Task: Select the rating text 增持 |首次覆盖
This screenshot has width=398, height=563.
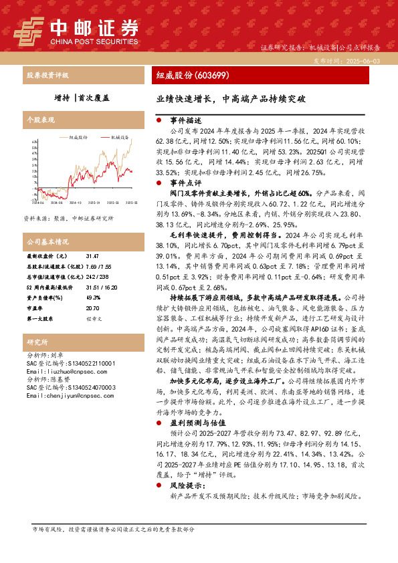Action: click(82, 98)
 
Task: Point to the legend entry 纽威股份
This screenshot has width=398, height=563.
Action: click(78, 136)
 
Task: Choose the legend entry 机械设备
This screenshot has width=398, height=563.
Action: click(120, 136)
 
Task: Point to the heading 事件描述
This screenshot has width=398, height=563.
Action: click(185, 121)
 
